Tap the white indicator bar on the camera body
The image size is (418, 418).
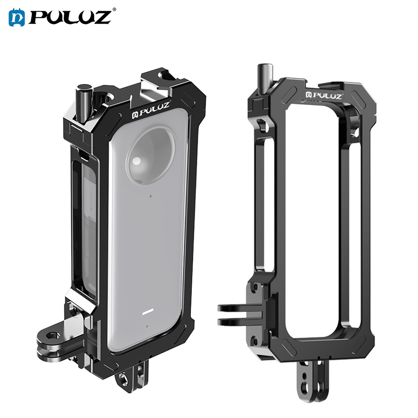click(x=147, y=314)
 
